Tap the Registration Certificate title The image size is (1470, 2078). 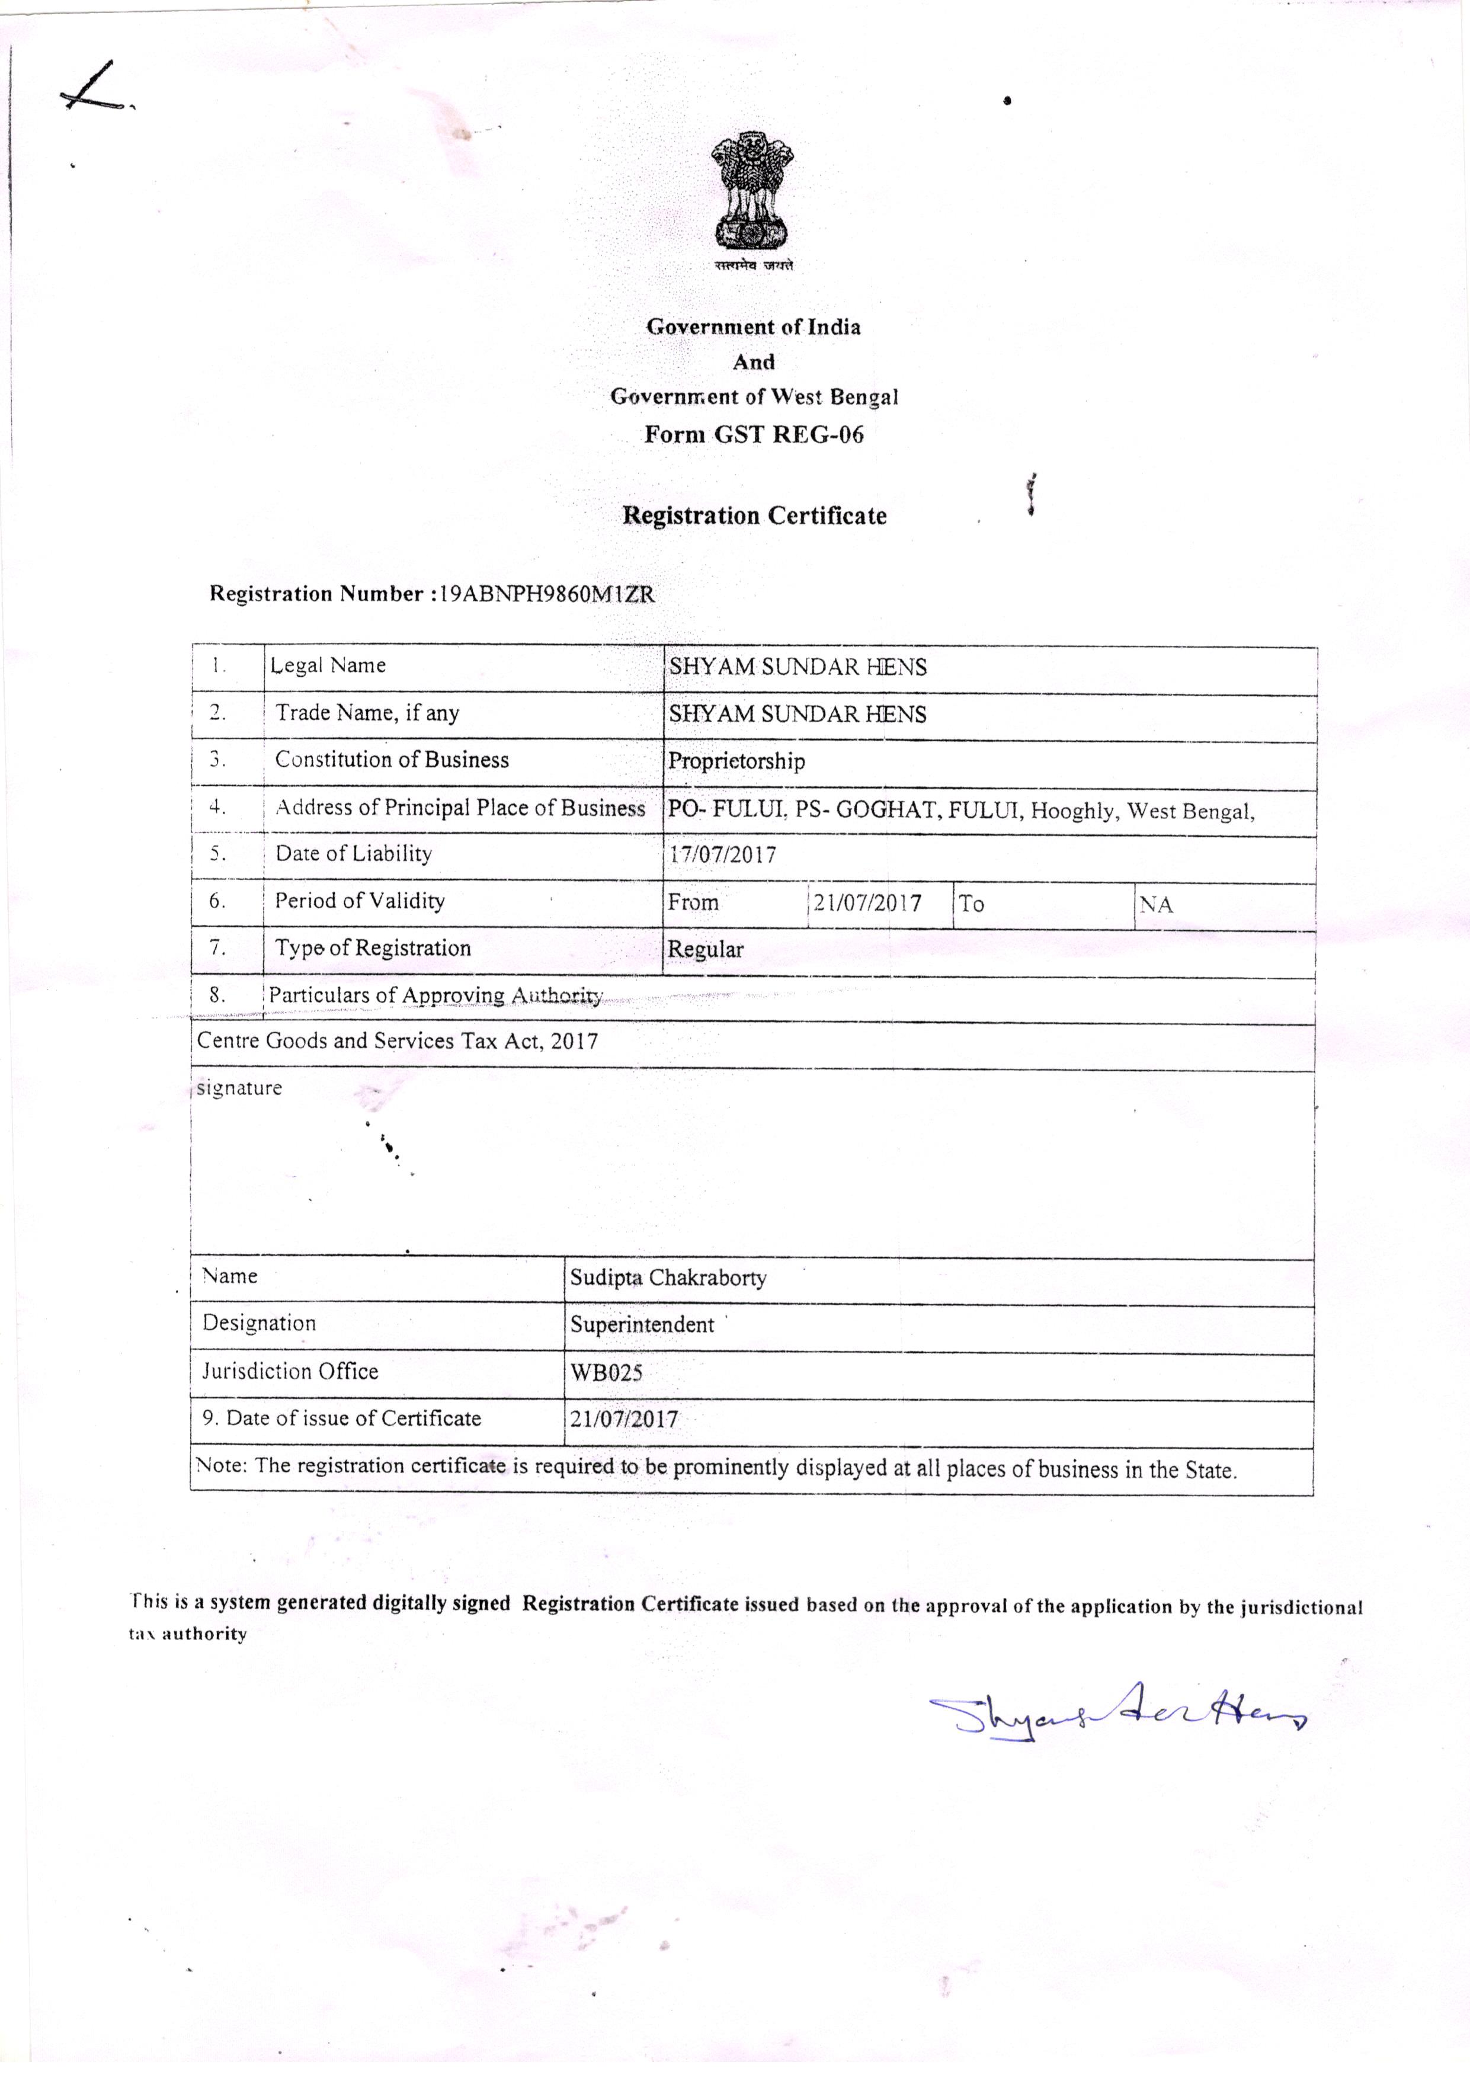click(754, 516)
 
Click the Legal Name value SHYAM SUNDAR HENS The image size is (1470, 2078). click(798, 667)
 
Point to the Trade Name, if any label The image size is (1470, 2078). click(367, 713)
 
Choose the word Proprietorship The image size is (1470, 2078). click(736, 761)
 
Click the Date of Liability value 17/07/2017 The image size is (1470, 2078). click(722, 854)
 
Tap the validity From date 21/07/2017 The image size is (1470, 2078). click(867, 903)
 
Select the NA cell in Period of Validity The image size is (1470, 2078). click(1156, 904)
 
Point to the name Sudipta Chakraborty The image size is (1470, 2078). click(668, 1278)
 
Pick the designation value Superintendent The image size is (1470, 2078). click(642, 1325)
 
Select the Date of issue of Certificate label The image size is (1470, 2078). click(342, 1418)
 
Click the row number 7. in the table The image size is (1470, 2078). click(217, 947)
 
